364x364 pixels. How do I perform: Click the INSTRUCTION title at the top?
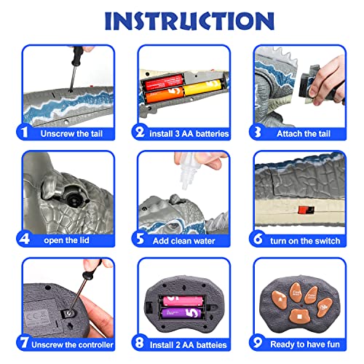[x=189, y=21]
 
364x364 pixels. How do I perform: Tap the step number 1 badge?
[x=24, y=132]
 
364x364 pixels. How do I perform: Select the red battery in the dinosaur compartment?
[x=164, y=82]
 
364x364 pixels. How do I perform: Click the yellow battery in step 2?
[x=203, y=87]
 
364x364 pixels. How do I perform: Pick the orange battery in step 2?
[x=165, y=95]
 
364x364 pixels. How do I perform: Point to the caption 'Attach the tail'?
[x=304, y=134]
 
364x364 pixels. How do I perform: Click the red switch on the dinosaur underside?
[x=306, y=210]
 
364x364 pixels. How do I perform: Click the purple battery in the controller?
[x=181, y=313]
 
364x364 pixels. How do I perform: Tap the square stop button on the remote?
[x=299, y=317]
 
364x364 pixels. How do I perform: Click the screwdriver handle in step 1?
[x=77, y=56]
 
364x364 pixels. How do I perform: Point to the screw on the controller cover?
[x=70, y=314]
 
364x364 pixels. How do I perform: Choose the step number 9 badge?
[x=258, y=342]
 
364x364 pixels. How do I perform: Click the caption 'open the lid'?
[x=66, y=240]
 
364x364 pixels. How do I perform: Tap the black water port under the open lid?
[x=73, y=199]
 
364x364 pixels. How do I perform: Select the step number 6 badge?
[x=258, y=239]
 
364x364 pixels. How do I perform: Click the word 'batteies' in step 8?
[x=211, y=345]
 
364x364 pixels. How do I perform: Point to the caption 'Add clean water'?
[x=184, y=241]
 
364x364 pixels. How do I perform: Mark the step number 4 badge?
[x=24, y=239]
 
